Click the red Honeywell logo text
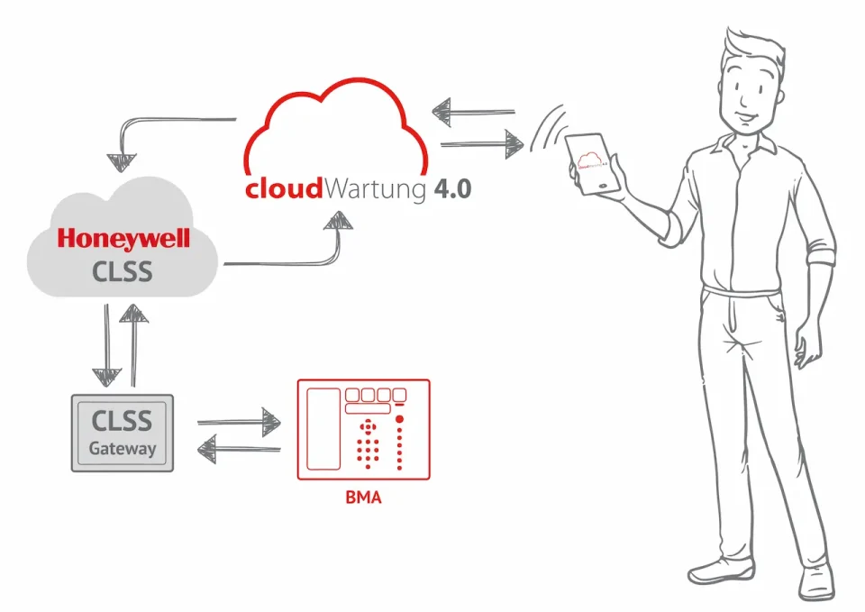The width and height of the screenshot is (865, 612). tap(123, 239)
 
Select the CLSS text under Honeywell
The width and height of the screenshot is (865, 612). tap(123, 270)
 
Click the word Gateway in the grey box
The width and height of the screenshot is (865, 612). tap(123, 448)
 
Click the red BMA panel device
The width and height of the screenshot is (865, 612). tap(363, 430)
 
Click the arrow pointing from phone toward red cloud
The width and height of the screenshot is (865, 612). tap(472, 113)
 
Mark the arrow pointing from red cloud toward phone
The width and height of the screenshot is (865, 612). tap(483, 142)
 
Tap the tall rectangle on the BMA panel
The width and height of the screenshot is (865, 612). tap(323, 429)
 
